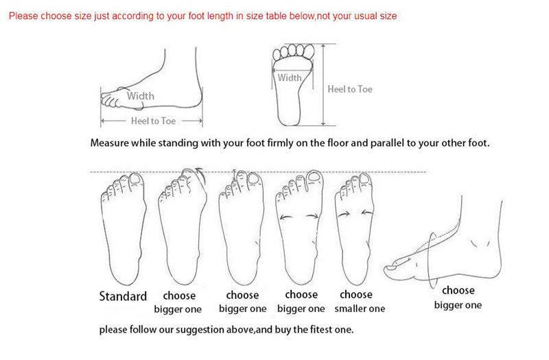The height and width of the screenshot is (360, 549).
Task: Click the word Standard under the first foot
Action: coord(123,296)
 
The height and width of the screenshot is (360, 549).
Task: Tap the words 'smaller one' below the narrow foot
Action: coord(360,309)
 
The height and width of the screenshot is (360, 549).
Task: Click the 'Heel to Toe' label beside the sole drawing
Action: coord(350,89)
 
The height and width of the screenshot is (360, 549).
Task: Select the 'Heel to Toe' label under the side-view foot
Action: coord(153,121)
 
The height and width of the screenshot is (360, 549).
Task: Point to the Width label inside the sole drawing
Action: coord(290,77)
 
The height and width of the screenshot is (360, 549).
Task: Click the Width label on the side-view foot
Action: coord(141,96)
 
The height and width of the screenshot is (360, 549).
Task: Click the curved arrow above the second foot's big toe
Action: coord(200,173)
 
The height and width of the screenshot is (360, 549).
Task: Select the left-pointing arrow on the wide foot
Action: coord(286,217)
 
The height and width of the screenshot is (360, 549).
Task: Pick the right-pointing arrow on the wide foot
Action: coord(312,216)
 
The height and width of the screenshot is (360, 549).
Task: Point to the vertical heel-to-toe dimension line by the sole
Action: coord(323,84)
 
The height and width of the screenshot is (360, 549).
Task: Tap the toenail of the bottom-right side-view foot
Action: coord(390,267)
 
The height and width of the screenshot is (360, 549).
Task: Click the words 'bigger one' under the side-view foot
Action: coord(458,305)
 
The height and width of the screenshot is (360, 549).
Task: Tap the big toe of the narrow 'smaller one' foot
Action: coord(365,182)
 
